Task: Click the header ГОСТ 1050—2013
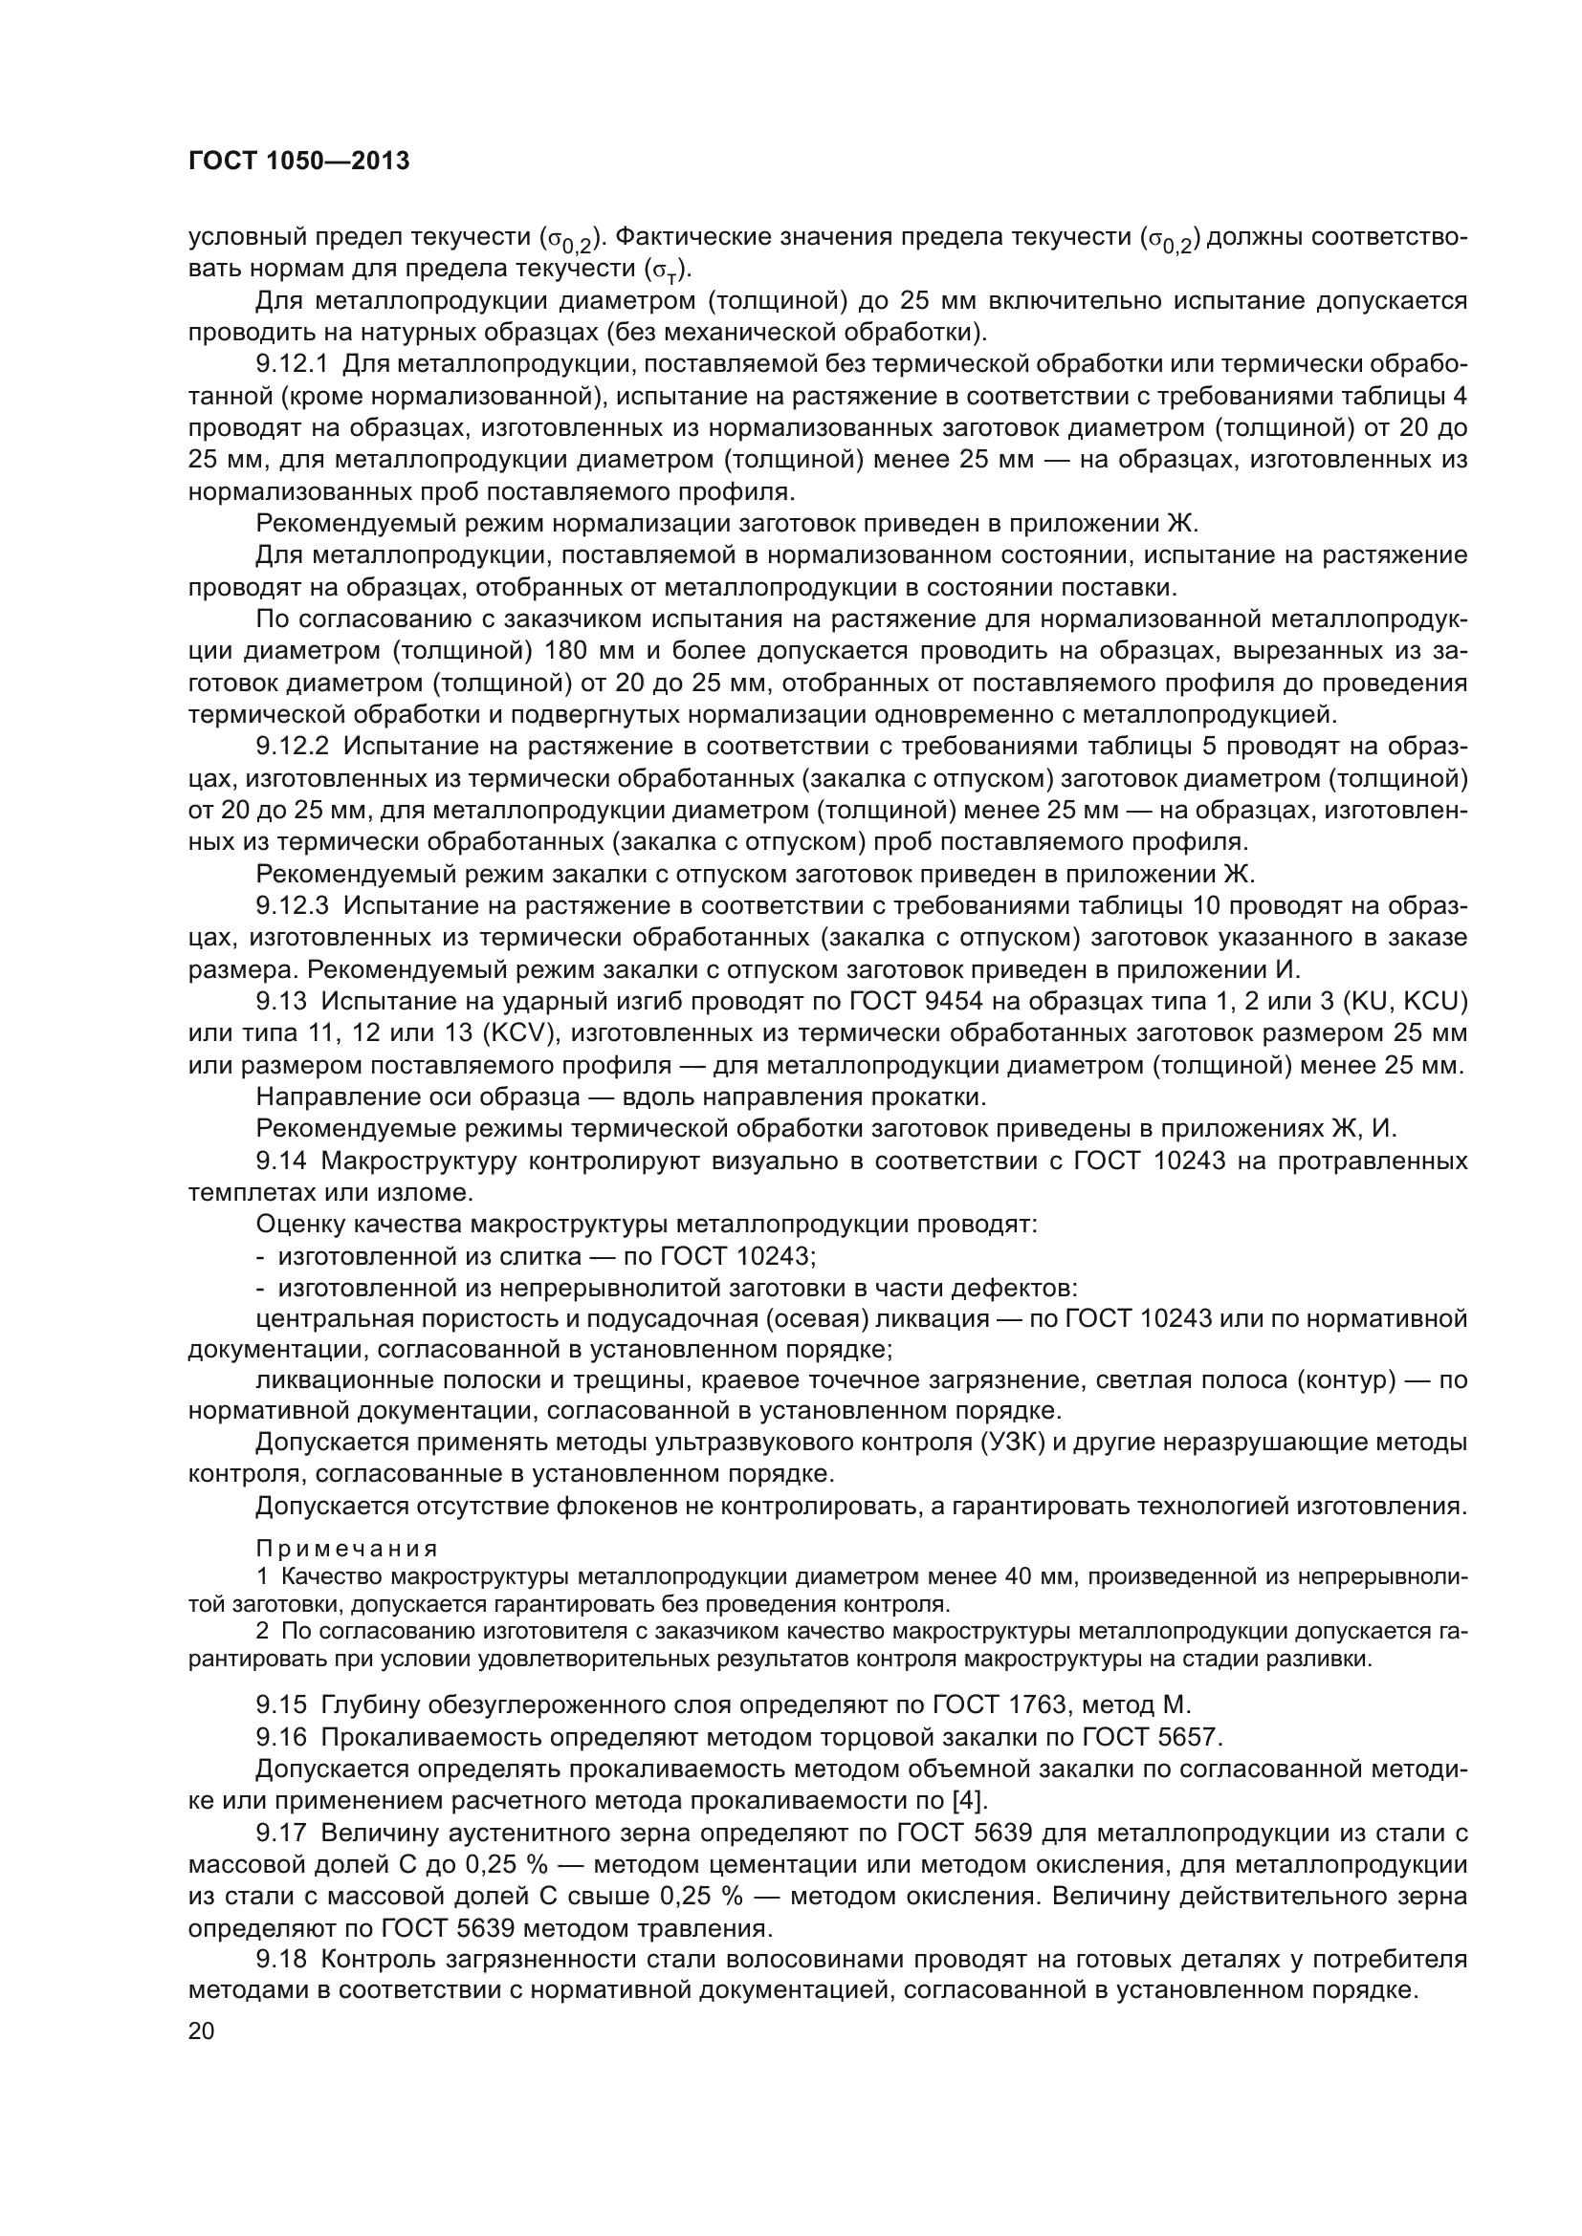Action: (298, 162)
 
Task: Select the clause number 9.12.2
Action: (293, 747)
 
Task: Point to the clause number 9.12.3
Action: (293, 905)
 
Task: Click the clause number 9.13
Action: (281, 1001)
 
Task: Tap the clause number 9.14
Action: (281, 1161)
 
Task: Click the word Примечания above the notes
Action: (347, 1549)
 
